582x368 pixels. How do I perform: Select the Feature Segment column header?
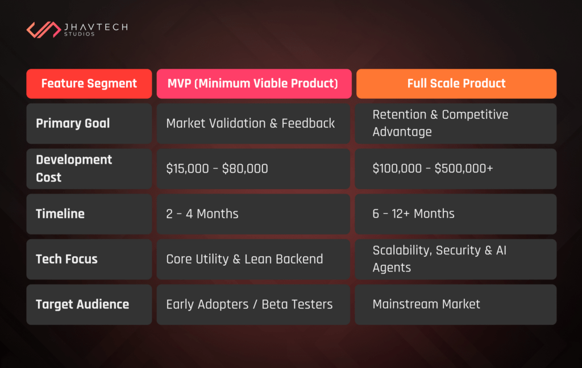(89, 83)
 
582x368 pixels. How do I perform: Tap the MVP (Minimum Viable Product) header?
(253, 83)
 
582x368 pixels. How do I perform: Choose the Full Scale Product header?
(456, 83)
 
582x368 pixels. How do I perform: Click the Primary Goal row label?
(73, 123)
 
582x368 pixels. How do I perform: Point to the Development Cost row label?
(74, 169)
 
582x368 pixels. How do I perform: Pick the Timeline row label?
(60, 214)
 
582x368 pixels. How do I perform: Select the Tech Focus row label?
(66, 259)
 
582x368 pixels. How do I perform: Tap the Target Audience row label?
(82, 304)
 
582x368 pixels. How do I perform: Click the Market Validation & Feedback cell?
(251, 123)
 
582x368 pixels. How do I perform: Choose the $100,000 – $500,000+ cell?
(433, 169)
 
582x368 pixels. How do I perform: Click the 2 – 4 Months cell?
(202, 214)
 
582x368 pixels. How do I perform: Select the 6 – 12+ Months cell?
(414, 214)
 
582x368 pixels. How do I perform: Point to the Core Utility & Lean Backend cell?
(244, 259)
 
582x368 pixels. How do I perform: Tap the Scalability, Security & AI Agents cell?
(439, 259)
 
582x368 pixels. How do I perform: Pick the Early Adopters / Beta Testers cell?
(250, 304)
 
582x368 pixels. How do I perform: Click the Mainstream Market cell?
(426, 304)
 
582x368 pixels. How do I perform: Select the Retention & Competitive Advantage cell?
(440, 123)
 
